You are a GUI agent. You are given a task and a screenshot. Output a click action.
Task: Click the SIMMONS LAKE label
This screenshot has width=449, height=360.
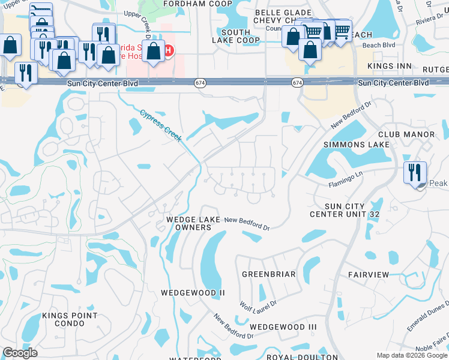(357, 145)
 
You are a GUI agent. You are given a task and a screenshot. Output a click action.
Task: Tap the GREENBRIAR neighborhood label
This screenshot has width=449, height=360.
(269, 274)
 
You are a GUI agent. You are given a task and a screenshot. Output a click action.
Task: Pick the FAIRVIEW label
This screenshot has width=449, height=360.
(369, 274)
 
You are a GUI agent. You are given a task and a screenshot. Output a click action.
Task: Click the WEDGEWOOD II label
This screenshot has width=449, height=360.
(193, 293)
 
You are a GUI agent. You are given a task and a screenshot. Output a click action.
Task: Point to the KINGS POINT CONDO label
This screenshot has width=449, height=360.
(70, 320)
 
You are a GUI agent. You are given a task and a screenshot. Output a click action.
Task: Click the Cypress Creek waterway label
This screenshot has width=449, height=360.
(161, 125)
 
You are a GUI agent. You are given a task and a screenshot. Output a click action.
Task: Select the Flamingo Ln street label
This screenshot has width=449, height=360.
(346, 178)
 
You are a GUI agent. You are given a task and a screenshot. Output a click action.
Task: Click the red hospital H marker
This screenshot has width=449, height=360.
(169, 50)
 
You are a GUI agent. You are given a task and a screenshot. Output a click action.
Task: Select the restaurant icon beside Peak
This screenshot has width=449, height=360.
(415, 173)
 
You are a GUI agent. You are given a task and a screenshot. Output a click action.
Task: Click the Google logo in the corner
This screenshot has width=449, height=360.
(20, 353)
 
